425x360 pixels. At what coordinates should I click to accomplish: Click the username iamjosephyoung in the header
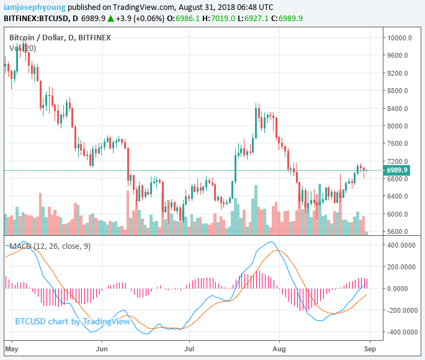(30, 7)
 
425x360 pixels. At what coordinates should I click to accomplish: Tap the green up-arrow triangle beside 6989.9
(110, 19)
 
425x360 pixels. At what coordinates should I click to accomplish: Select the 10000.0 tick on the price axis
(400, 38)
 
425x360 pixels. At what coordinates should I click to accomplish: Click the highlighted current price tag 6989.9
(397, 170)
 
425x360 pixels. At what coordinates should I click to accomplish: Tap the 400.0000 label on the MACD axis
(401, 245)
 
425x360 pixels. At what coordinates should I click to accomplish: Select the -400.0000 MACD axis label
(400, 332)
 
